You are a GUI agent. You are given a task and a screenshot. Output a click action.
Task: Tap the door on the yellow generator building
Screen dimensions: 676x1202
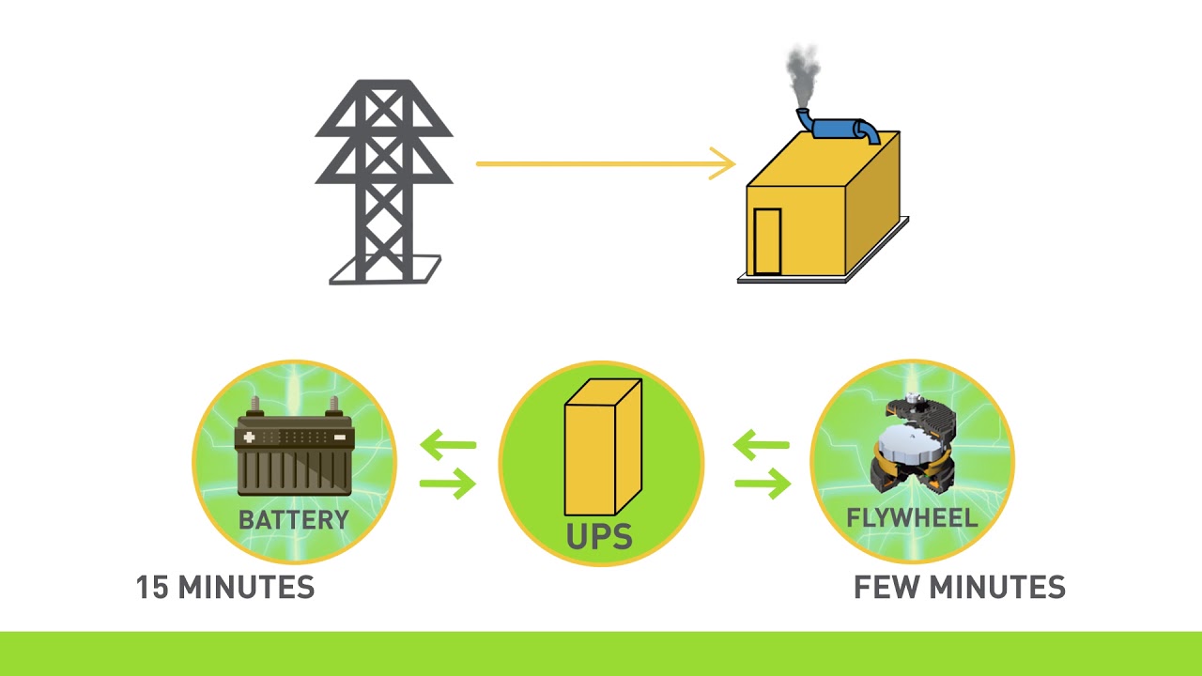click(767, 240)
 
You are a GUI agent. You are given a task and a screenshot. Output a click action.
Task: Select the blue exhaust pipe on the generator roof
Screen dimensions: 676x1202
click(840, 128)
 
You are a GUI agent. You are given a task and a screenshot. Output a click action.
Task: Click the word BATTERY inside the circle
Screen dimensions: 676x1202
click(293, 520)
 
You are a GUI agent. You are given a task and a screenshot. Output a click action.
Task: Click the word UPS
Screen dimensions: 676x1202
click(599, 536)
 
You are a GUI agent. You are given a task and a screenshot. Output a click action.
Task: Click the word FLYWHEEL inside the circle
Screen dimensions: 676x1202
click(912, 518)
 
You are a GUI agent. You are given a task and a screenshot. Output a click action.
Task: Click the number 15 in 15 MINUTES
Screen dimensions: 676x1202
click(152, 588)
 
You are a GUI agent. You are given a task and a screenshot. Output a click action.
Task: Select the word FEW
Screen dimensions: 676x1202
click(886, 588)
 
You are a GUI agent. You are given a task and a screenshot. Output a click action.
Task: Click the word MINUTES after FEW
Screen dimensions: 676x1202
click(998, 588)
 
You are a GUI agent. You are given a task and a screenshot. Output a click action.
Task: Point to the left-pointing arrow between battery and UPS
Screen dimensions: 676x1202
click(447, 445)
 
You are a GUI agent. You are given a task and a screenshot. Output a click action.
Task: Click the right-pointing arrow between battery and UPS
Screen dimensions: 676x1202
click(448, 484)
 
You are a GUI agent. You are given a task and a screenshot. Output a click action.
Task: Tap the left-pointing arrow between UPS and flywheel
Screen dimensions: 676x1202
click(761, 445)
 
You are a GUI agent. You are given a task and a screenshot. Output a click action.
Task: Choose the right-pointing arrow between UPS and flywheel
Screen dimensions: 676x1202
click(762, 484)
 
